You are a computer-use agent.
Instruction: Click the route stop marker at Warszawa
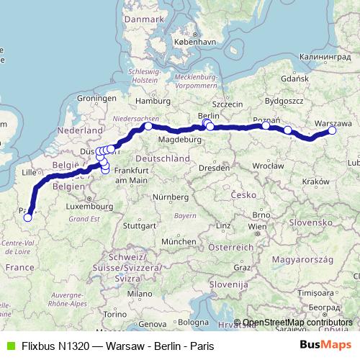pos(332,130)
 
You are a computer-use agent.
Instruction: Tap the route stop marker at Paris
pos(27,217)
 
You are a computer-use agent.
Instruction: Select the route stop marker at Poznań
pos(266,125)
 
